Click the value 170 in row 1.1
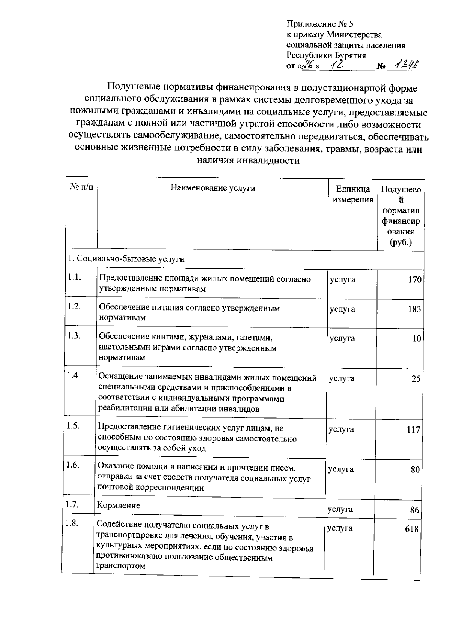[x=415, y=280]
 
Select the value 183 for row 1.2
[x=414, y=309]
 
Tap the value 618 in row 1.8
[x=412, y=529]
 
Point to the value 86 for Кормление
[x=414, y=510]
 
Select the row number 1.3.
[x=74, y=336]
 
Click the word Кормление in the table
[x=118, y=505]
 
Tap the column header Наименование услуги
[x=213, y=188]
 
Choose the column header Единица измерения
[x=353, y=194]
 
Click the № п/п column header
[x=82, y=187]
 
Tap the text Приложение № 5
[x=320, y=24]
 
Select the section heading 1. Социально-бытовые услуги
[x=126, y=259]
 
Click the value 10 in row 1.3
[x=417, y=339]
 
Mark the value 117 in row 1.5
[x=413, y=430]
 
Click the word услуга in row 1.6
[x=340, y=469]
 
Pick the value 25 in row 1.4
[x=416, y=379]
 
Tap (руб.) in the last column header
[x=400, y=242]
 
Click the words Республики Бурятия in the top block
[x=326, y=56]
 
